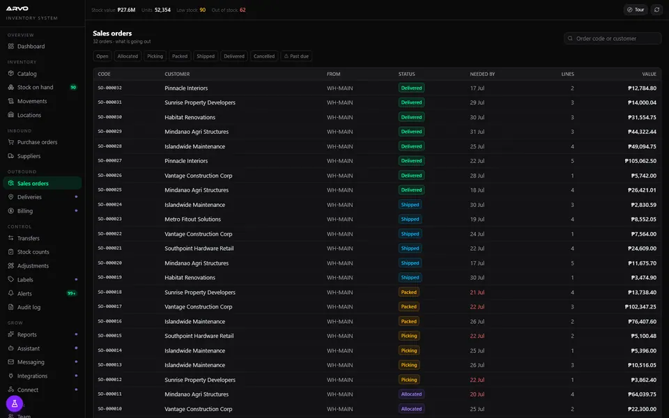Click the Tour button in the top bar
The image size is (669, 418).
pos(636,9)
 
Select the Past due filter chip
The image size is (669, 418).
pos(296,56)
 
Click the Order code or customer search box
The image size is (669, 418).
pos(613,38)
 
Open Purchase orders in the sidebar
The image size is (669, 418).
pos(37,142)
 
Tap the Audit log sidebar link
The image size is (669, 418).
pos(29,307)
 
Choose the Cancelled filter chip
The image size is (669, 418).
pos(264,56)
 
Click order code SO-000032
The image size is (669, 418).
pos(109,88)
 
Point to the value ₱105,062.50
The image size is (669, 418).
pos(640,161)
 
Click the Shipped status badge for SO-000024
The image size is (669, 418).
pos(410,205)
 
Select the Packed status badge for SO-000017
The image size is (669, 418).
pos(409,307)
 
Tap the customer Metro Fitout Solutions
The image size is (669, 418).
pos(193,219)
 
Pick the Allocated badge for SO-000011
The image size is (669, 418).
pos(411,394)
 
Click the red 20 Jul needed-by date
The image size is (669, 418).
pos(477,394)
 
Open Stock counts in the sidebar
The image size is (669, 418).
pos(33,251)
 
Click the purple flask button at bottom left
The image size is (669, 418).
pos(15,403)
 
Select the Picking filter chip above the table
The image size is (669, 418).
pos(155,56)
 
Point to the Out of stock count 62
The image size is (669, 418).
pos(243,10)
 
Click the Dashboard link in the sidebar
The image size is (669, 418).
pos(31,46)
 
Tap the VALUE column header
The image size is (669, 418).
pos(649,75)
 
